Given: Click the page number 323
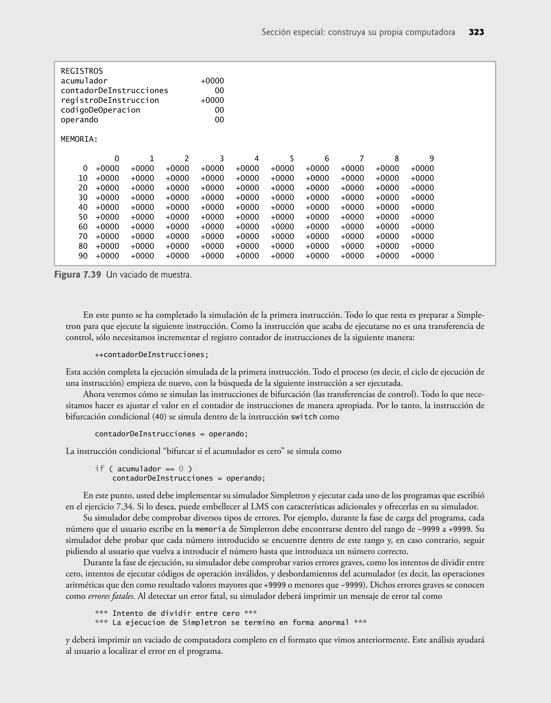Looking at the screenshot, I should click(476, 32).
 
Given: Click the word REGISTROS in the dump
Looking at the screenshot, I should click(82, 71).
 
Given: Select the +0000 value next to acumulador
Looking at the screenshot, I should click(212, 81).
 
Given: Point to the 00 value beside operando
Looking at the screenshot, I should click(219, 120).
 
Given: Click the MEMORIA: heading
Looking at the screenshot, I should click(79, 139).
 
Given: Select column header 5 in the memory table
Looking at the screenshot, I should click(291, 159).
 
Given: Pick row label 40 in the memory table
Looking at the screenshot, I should click(83, 207).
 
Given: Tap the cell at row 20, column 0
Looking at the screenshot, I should click(107, 188).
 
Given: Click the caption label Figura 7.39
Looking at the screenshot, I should click(77, 275).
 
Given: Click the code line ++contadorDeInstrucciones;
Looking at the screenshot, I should click(152, 355).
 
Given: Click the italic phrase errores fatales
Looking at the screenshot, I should click(111, 596).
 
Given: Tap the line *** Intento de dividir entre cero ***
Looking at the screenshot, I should click(176, 613).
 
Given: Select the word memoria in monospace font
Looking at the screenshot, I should click(210, 529).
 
